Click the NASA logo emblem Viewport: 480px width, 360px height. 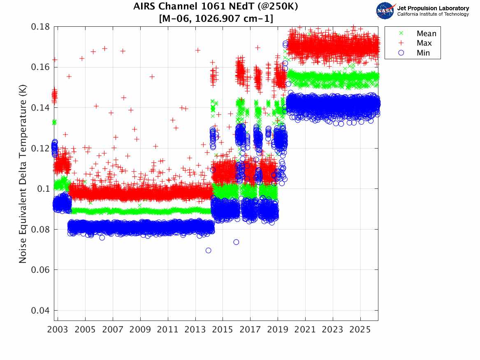[x=385, y=11]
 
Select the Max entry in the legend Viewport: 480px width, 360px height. [x=423, y=43]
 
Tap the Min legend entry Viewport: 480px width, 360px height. [x=423, y=53]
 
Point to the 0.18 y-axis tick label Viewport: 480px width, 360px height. [x=40, y=27]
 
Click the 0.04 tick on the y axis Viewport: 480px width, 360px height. [x=40, y=311]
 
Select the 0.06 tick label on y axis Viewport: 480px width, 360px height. [x=40, y=270]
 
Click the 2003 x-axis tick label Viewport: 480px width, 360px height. [x=58, y=330]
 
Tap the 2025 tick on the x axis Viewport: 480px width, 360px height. [x=360, y=330]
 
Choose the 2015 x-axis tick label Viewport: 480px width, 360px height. [x=223, y=330]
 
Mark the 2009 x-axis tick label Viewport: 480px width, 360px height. [x=140, y=330]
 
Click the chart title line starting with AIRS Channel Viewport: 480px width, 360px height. [x=216, y=7]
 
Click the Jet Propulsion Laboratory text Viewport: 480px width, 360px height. [x=433, y=8]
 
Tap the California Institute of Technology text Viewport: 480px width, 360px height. [x=433, y=14]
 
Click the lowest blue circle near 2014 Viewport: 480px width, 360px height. [x=209, y=251]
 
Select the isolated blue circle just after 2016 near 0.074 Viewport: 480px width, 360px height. [x=236, y=242]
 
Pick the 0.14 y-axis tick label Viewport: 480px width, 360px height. [x=40, y=108]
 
